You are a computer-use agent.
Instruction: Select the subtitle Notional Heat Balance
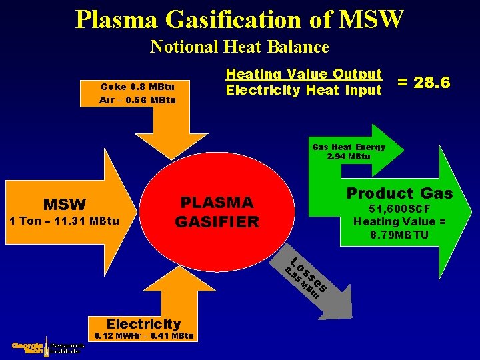(x=239, y=47)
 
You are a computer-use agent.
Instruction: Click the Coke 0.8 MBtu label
(x=137, y=87)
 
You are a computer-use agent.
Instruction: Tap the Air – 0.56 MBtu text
(x=137, y=100)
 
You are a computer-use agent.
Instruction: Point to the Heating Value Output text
(x=304, y=74)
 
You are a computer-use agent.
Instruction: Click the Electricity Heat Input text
(x=304, y=90)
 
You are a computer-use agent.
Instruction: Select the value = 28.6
(x=424, y=82)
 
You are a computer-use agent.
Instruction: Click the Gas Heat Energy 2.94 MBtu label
(x=349, y=151)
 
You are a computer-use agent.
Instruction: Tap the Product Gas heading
(x=399, y=193)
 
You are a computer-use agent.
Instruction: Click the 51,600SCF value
(x=400, y=209)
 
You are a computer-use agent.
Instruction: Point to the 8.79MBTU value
(x=400, y=235)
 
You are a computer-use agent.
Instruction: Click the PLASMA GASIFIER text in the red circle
(x=217, y=212)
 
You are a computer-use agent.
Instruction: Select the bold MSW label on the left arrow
(x=65, y=204)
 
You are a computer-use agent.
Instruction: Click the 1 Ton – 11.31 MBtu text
(x=63, y=221)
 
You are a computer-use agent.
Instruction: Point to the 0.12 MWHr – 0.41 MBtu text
(x=145, y=336)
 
